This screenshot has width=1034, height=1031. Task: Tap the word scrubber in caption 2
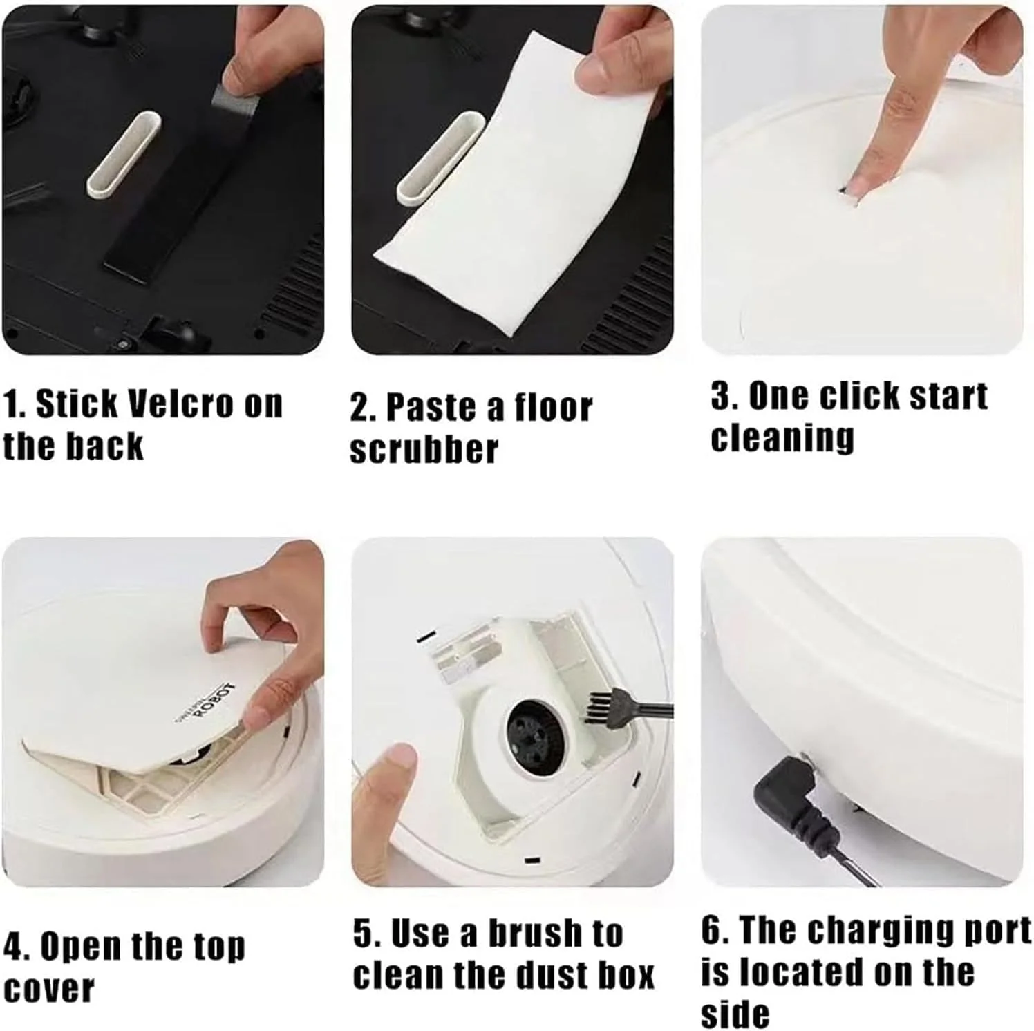tap(424, 450)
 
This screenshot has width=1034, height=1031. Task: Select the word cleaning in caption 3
tap(782, 439)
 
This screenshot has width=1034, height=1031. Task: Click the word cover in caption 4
tap(48, 989)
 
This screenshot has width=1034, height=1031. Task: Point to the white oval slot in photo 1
tap(123, 154)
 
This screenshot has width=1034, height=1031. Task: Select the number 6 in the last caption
tap(712, 930)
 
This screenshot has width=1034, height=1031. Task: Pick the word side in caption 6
tap(735, 1014)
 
